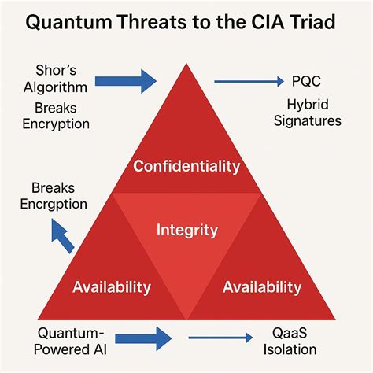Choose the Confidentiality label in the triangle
pyautogui.click(x=186, y=166)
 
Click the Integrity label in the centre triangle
pyautogui.click(x=186, y=231)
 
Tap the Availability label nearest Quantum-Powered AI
pyautogui.click(x=111, y=286)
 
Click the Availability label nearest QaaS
pyautogui.click(x=261, y=286)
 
